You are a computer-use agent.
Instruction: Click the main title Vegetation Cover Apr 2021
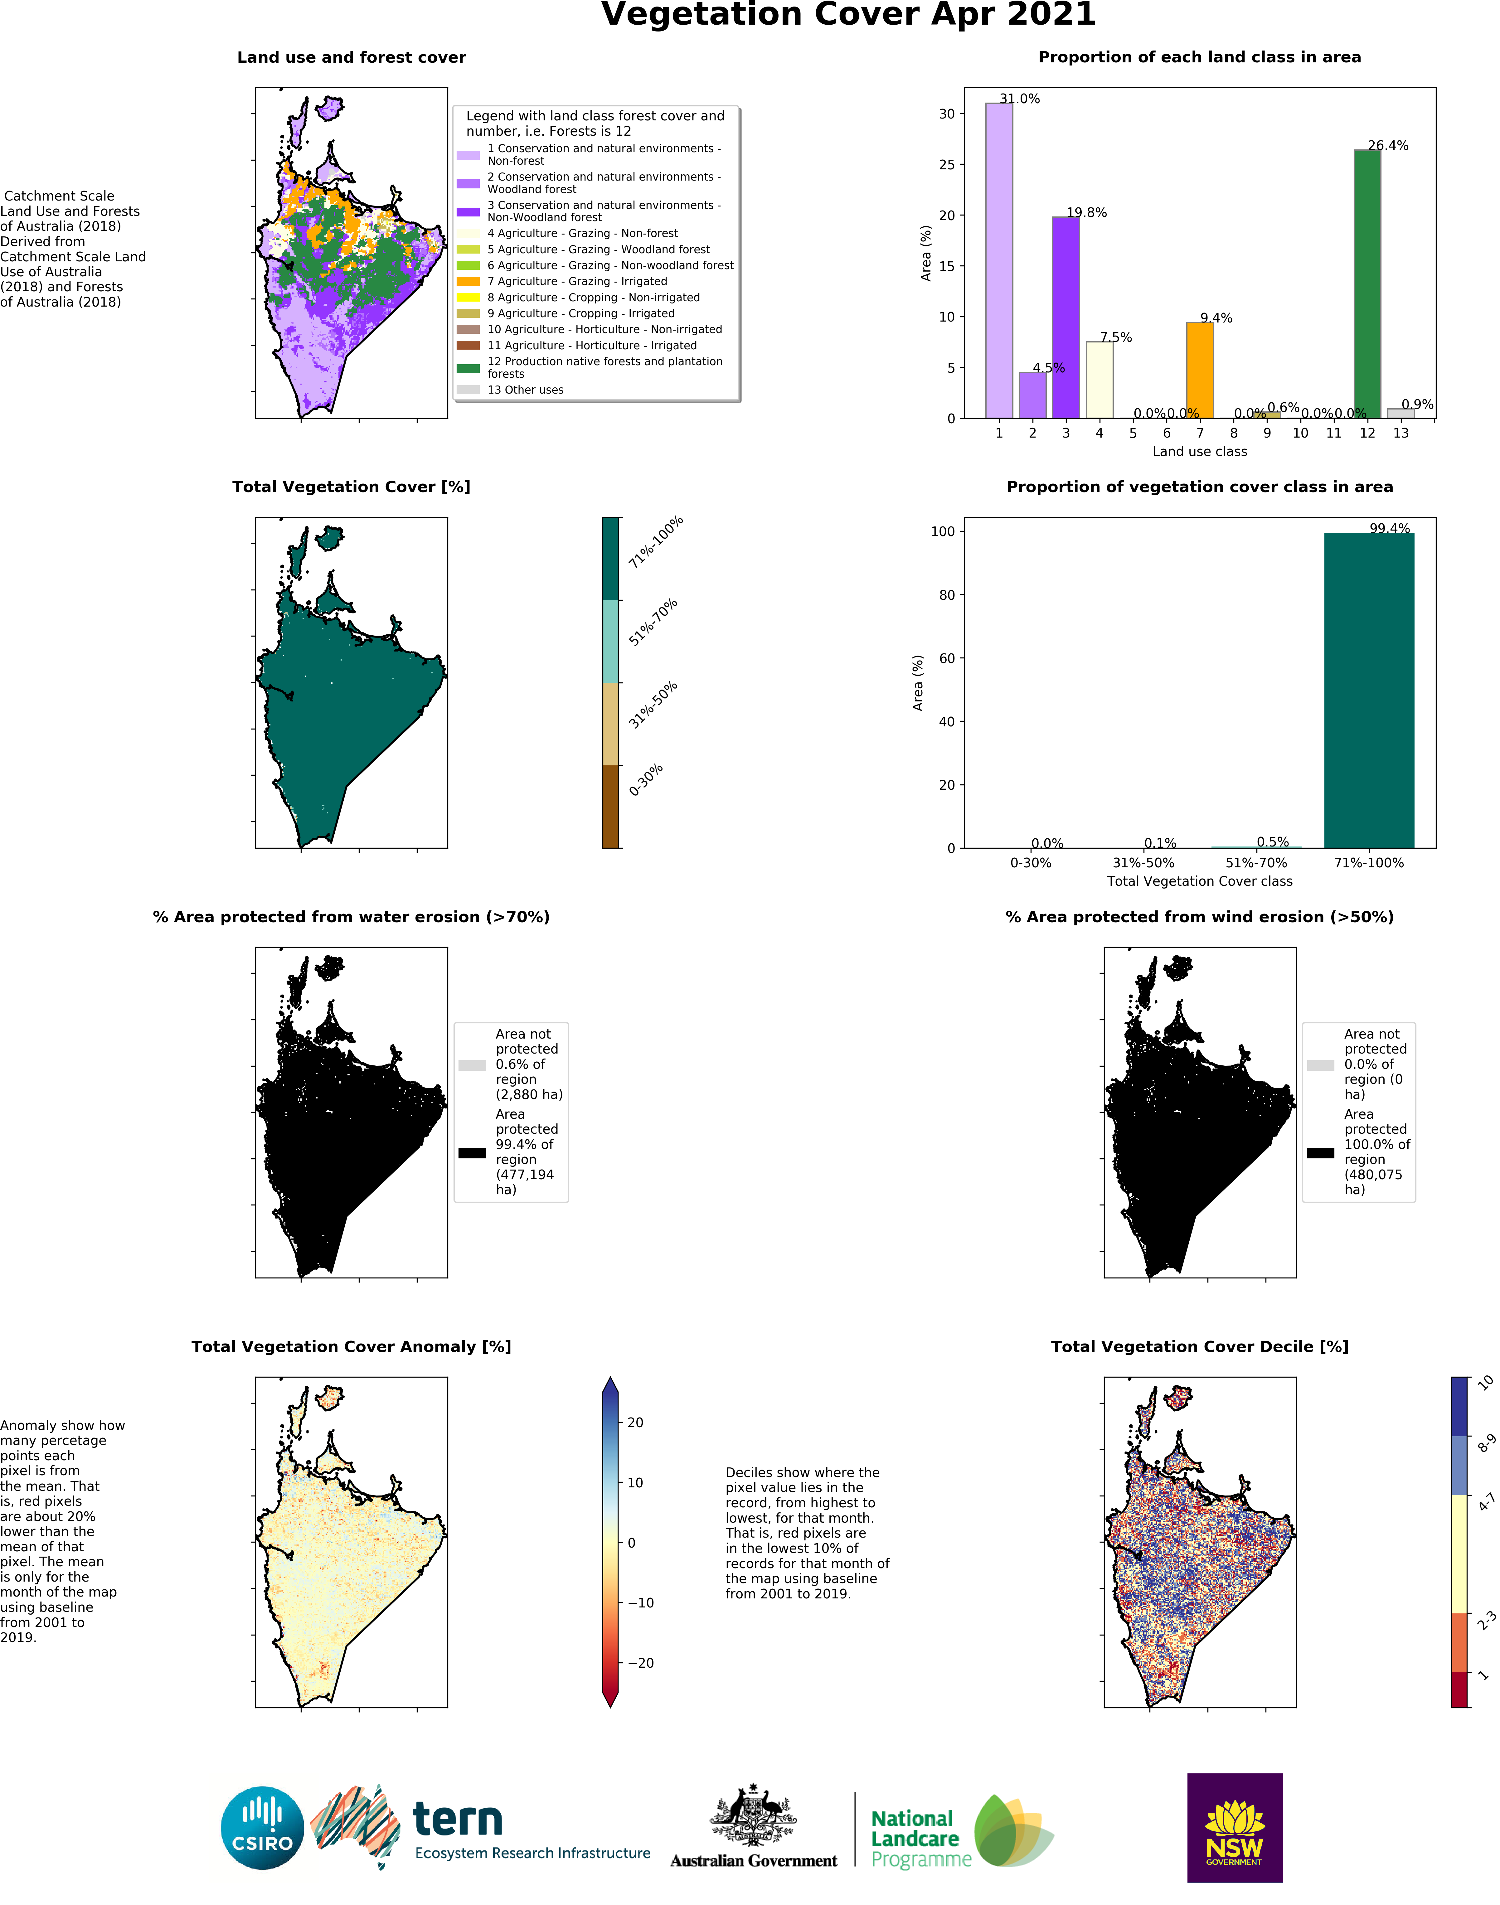848,16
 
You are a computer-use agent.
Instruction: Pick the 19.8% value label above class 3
1086,212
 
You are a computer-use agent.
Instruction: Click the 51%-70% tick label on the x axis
1256,862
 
